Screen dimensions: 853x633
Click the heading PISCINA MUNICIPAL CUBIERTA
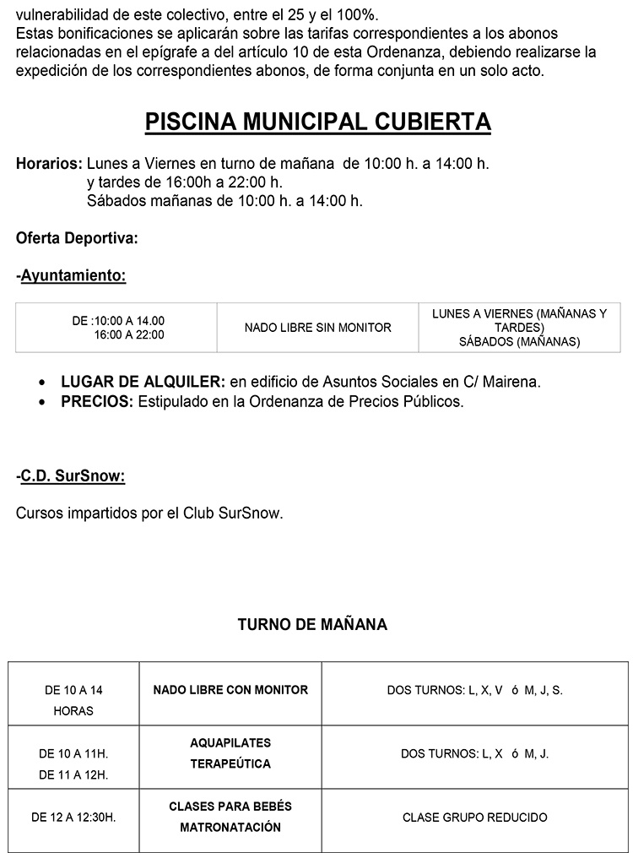point(317,122)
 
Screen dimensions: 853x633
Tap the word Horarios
point(49,164)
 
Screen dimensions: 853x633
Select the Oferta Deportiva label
point(77,239)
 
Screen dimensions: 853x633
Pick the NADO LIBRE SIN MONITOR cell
point(317,328)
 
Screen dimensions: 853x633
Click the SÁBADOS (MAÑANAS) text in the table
point(519,342)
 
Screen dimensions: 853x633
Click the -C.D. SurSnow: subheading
point(71,476)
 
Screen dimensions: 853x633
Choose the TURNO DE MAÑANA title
point(312,625)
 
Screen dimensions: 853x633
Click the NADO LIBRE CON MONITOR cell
point(230,690)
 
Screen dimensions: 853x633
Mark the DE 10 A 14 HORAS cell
point(73,700)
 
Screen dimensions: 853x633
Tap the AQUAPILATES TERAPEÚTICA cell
point(230,753)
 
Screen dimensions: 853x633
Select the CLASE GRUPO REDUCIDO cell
point(474,818)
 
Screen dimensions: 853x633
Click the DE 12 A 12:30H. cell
point(73,818)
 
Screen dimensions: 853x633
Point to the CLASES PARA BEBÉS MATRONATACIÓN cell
point(230,818)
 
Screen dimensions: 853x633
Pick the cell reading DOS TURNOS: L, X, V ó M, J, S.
point(474,690)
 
